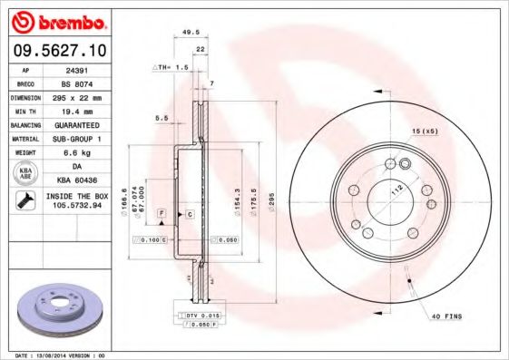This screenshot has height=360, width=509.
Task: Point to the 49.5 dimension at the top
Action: (x=191, y=31)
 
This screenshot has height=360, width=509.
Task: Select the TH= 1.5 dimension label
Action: (x=170, y=67)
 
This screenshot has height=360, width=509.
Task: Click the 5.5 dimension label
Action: (x=162, y=118)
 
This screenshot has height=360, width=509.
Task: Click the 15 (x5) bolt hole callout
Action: (x=425, y=132)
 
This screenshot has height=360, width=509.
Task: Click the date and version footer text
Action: (x=62, y=355)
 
